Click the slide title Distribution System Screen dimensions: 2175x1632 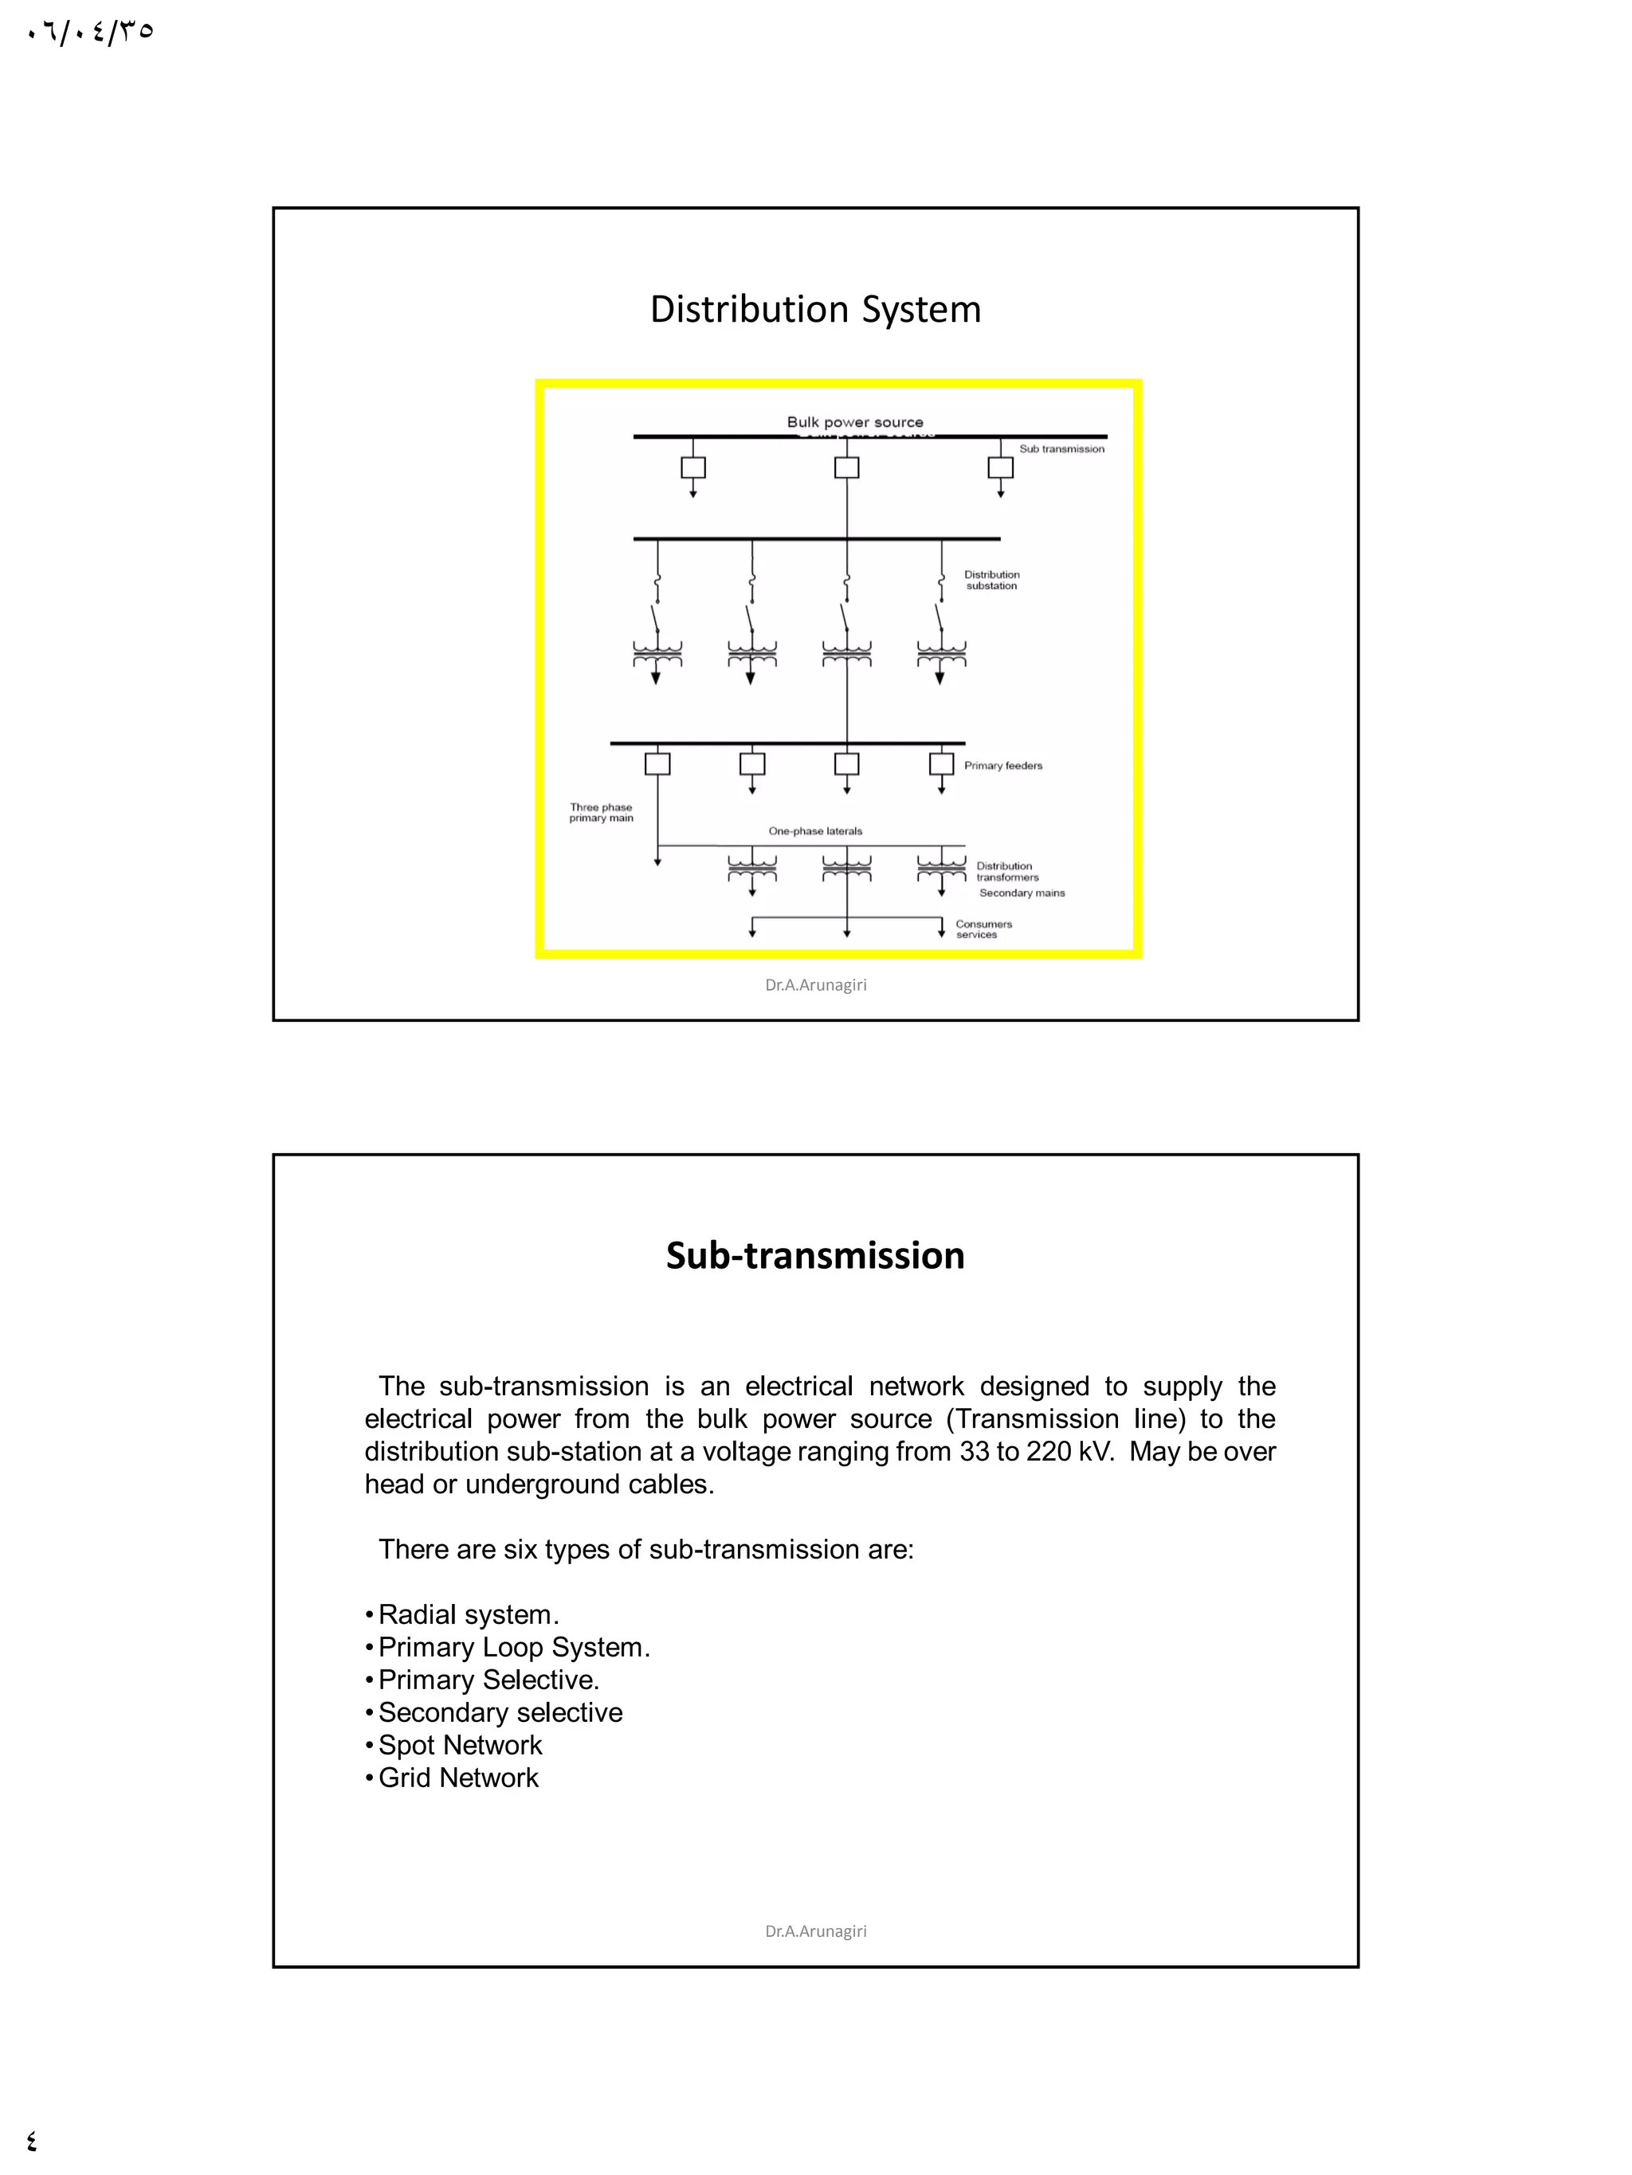[x=814, y=310]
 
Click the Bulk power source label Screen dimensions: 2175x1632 [x=854, y=423]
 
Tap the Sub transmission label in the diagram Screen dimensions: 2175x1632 [x=1061, y=449]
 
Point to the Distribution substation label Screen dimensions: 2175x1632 [x=991, y=580]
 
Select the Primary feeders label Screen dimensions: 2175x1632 [x=1002, y=766]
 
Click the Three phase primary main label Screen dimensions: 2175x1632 [x=601, y=812]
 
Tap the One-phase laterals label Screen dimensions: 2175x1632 [x=814, y=831]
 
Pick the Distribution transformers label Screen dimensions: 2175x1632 [x=1006, y=872]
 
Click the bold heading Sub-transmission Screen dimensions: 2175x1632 [x=814, y=1256]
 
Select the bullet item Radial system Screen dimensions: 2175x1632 [x=467, y=1614]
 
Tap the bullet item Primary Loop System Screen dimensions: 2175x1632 [x=513, y=1647]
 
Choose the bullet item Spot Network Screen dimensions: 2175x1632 [x=460, y=1745]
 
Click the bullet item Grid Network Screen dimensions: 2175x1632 [x=457, y=1778]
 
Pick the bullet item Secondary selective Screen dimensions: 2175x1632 [x=500, y=1713]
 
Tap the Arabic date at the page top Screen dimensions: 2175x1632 [x=91, y=33]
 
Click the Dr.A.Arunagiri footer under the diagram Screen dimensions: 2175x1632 [x=814, y=985]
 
